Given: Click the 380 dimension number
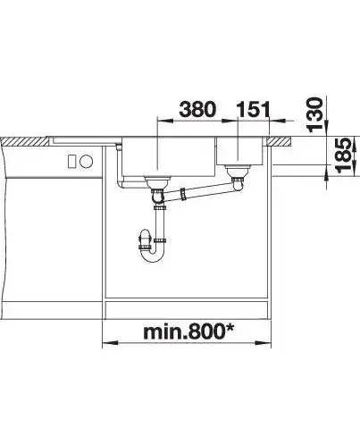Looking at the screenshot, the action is tap(197, 109).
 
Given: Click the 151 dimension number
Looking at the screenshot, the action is tap(253, 109).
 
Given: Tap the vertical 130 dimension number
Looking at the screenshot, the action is tap(314, 114).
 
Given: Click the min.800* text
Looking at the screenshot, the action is tap(188, 332).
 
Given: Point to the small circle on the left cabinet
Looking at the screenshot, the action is tap(87, 162).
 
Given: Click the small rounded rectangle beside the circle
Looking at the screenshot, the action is tap(72, 162).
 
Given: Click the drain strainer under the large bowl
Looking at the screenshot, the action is tap(157, 181).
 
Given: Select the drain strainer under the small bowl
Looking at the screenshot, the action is tap(238, 171).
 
